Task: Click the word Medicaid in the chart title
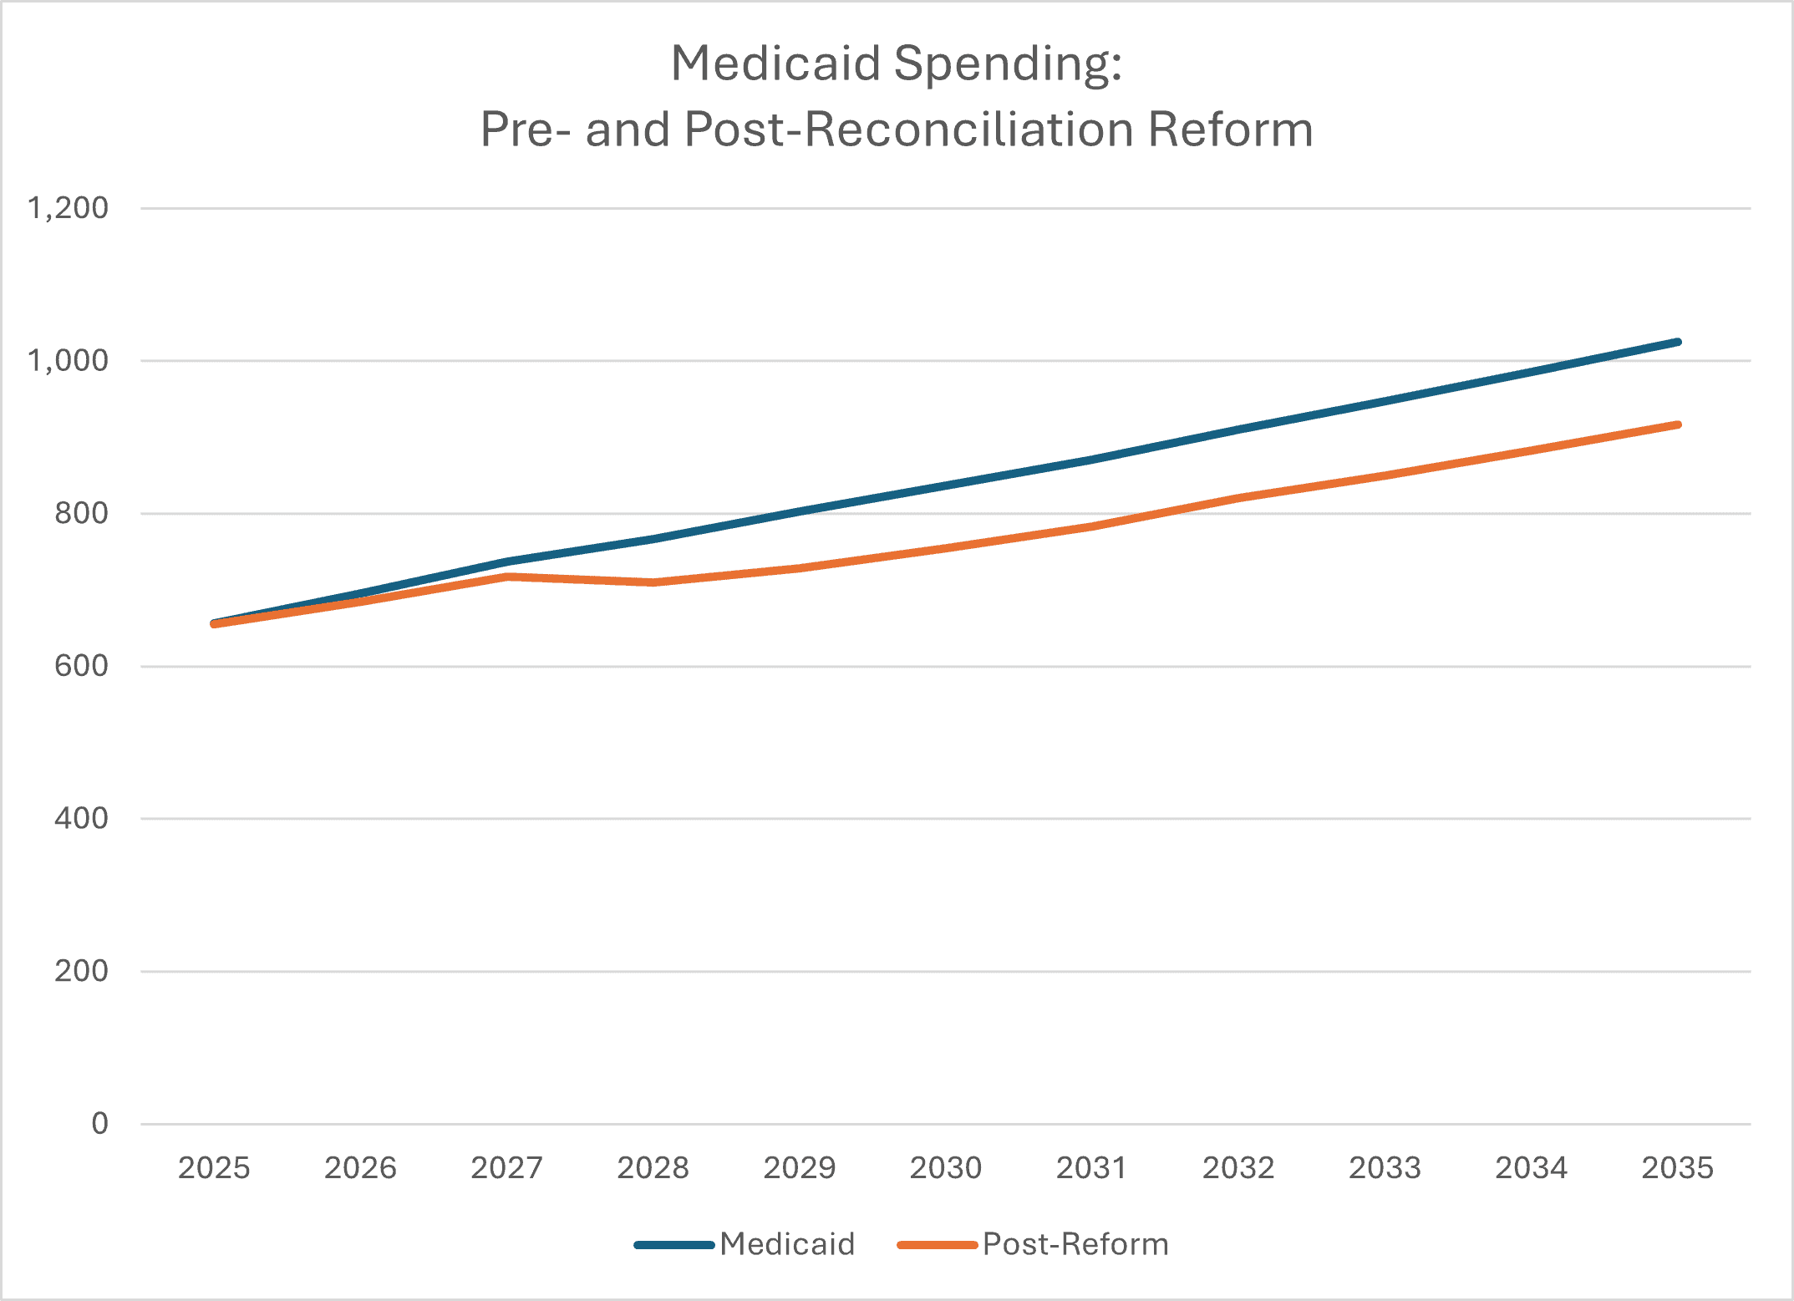point(775,64)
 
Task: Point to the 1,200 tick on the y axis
point(68,208)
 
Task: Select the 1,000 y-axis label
point(68,361)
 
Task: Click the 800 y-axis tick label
point(81,513)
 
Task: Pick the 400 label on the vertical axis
point(81,818)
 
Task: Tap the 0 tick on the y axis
point(99,1124)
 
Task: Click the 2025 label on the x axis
point(214,1168)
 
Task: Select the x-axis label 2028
point(653,1168)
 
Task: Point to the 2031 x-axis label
point(1091,1168)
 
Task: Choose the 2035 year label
point(1677,1168)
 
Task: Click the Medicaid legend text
point(787,1244)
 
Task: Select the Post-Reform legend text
point(1075,1244)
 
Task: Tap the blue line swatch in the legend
point(673,1245)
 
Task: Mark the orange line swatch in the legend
point(937,1245)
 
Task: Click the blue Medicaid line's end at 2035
point(1677,342)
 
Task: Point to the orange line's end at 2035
point(1677,425)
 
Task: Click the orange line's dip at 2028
point(653,582)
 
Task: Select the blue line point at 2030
point(945,486)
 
